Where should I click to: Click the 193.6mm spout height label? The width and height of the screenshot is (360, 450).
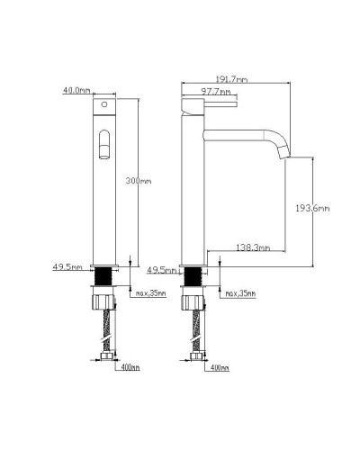click(x=313, y=208)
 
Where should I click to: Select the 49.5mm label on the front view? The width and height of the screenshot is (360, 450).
click(x=68, y=267)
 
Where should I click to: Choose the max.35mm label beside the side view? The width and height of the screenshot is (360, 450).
click(x=238, y=294)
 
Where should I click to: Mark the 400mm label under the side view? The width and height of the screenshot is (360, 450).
click(x=218, y=367)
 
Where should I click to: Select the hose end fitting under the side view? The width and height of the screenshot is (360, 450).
click(x=195, y=359)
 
